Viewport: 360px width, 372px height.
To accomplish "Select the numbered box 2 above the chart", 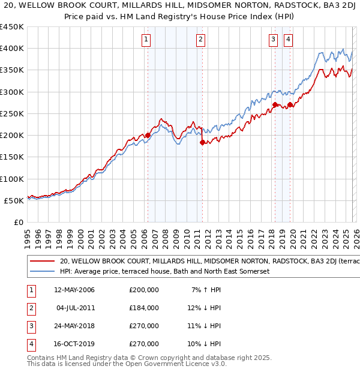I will pyautogui.click(x=200, y=40).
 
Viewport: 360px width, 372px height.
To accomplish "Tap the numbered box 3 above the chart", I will pyautogui.click(x=274, y=40).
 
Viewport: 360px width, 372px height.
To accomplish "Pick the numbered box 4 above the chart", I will pyautogui.click(x=289, y=40).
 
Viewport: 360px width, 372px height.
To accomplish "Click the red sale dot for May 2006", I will pyautogui.click(x=148, y=136).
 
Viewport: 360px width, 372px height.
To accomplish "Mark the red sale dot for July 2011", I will pyautogui.click(x=202, y=142).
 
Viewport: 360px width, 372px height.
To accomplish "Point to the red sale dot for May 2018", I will pyautogui.click(x=275, y=105).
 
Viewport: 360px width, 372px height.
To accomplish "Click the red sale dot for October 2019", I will pyautogui.click(x=290, y=105).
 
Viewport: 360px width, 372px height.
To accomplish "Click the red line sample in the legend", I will pyautogui.click(x=42, y=262).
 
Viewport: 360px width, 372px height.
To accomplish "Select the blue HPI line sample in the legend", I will pyautogui.click(x=42, y=272).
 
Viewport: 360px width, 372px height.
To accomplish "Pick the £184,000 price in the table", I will pyautogui.click(x=144, y=308).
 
